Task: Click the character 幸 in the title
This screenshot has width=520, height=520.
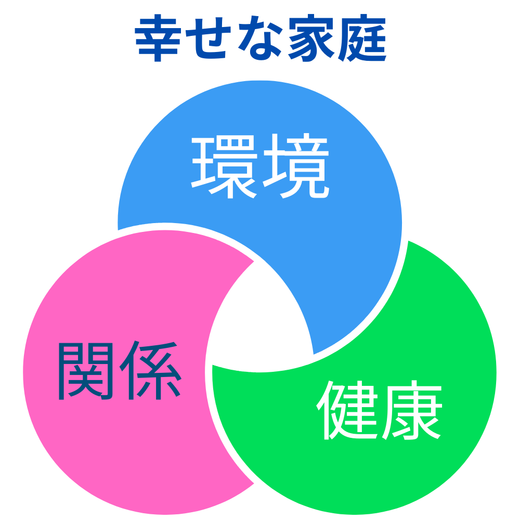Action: point(158,38)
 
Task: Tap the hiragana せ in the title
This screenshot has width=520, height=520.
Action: point(208,38)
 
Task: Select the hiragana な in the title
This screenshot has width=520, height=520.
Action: point(260,38)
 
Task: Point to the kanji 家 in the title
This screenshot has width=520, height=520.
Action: point(311,38)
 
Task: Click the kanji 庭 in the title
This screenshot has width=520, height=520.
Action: point(362,38)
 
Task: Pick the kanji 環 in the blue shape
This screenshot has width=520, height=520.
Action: point(224,166)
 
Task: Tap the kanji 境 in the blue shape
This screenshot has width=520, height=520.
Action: point(296,166)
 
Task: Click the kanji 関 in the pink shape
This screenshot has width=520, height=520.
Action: point(86,371)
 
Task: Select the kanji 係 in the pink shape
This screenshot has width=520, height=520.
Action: point(150,370)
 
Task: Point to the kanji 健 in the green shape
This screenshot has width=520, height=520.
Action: point(347,410)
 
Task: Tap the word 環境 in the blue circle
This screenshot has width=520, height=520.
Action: point(260,166)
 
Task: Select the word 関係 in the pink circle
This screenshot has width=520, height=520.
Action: point(120,370)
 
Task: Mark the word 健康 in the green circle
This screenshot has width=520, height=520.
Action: point(379,410)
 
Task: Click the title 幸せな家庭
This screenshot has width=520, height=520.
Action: point(261,38)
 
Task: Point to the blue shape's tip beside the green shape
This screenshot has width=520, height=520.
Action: point(314,354)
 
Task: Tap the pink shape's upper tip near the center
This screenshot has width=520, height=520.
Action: point(254,262)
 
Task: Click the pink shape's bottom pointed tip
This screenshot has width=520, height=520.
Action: point(254,484)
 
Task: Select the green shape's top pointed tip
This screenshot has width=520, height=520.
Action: point(409,241)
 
